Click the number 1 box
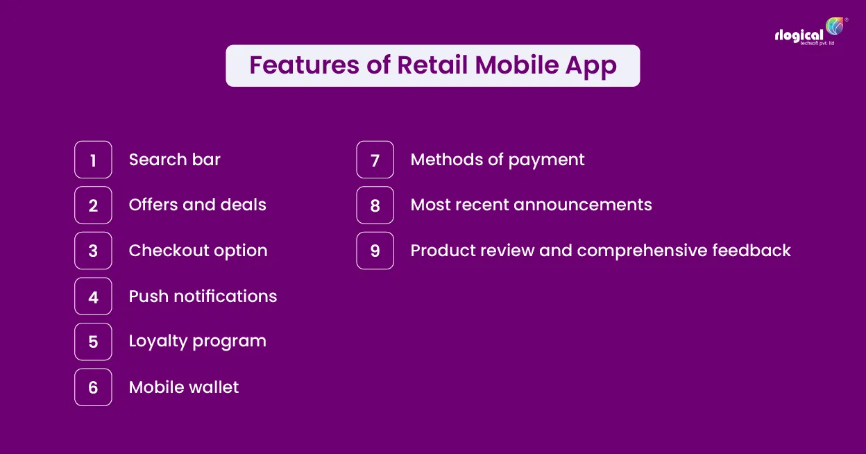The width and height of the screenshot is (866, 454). coord(93,160)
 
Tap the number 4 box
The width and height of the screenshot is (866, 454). coord(93,296)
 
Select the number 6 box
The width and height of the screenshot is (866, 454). coord(93,387)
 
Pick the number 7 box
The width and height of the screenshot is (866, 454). coord(375,160)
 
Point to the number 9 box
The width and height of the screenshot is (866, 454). coord(375,251)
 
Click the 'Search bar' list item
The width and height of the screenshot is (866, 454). coord(174,160)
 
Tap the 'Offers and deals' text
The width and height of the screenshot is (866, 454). coord(197,205)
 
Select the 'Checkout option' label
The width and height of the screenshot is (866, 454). coord(198,251)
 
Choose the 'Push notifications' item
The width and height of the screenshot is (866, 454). coord(203,296)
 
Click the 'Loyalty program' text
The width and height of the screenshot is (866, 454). coord(197,342)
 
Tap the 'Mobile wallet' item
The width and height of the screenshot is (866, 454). coord(183,387)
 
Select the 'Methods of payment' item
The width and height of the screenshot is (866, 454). coord(497,160)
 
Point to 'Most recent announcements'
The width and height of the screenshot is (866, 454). coord(531,205)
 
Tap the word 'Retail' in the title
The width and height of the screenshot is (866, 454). coord(432,65)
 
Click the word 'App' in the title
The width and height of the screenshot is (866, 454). coord(590,65)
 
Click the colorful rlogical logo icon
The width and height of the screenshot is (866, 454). coord(834,26)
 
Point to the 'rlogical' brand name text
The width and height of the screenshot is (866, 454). coord(799,35)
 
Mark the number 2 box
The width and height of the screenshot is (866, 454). coord(93,205)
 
